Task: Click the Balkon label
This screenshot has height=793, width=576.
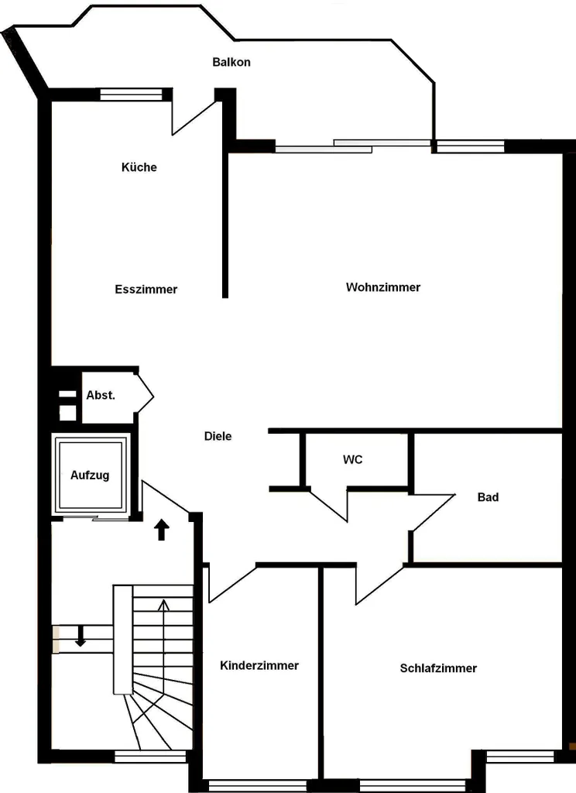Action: click(x=231, y=62)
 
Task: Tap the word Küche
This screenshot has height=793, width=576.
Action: click(x=139, y=167)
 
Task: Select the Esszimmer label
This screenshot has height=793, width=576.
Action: click(x=146, y=290)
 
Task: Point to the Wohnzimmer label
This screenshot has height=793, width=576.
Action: click(x=383, y=287)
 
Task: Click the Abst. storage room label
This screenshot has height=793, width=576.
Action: click(x=101, y=396)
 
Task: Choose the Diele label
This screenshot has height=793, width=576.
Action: click(x=218, y=436)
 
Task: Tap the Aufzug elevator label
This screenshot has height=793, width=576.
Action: click(x=90, y=475)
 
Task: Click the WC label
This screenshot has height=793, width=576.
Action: click(x=352, y=460)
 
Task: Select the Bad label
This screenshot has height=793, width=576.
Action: click(x=488, y=497)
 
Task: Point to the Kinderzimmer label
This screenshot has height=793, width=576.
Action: click(x=259, y=665)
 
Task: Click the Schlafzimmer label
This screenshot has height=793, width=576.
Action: click(x=438, y=668)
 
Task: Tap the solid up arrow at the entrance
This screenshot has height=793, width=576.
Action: click(x=161, y=530)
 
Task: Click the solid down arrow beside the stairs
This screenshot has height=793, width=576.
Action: click(x=81, y=637)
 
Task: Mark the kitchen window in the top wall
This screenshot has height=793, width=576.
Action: click(x=131, y=94)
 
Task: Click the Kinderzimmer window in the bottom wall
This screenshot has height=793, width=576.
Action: click(x=257, y=785)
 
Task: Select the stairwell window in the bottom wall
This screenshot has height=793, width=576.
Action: click(x=150, y=757)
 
